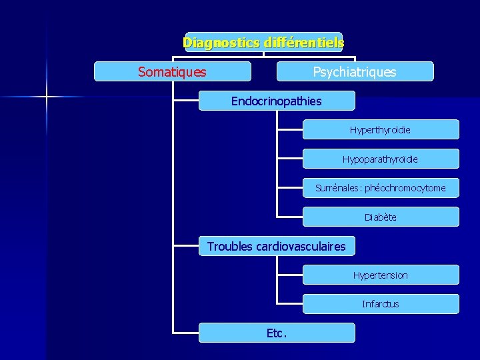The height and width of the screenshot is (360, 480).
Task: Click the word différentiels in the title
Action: [304, 43]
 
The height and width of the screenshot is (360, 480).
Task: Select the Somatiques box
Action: [172, 71]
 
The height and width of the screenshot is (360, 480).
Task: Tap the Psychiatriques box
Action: [355, 71]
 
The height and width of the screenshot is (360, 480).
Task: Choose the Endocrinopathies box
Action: [276, 101]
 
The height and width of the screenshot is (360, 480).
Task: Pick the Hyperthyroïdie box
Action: [380, 129]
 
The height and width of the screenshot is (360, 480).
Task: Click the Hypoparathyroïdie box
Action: [380, 159]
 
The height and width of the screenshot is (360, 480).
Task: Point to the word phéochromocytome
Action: [405, 188]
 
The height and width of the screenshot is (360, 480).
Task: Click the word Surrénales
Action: [338, 188]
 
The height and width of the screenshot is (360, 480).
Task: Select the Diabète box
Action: [380, 217]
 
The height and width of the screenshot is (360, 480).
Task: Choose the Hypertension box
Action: [380, 275]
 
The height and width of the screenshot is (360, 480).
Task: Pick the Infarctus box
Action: [380, 304]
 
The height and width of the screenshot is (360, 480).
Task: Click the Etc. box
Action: [276, 333]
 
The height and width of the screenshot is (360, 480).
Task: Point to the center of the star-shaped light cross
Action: [47, 97]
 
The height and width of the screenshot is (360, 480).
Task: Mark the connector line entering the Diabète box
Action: [291, 217]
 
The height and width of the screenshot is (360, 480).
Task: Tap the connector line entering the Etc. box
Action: [186, 332]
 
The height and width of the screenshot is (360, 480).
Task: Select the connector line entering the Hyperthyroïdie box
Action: [291, 129]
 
